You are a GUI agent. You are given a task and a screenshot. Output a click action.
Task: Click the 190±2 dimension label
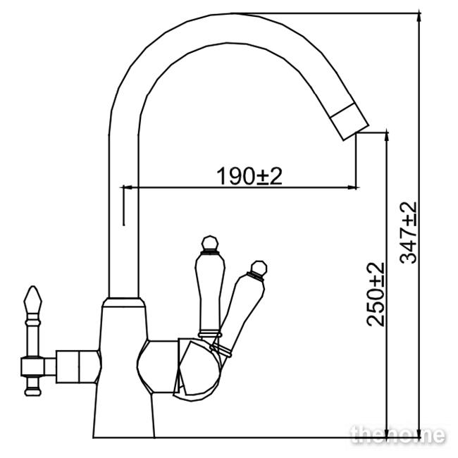pyautogui.click(x=249, y=176)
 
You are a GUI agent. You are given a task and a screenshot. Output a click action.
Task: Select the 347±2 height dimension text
pyautogui.click(x=408, y=233)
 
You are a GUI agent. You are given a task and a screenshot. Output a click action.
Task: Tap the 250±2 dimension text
pyautogui.click(x=376, y=294)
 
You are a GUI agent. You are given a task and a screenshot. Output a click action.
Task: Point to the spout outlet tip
pyautogui.click(x=356, y=133)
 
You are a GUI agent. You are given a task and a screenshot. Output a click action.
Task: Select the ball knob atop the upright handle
pyautogui.click(x=210, y=243)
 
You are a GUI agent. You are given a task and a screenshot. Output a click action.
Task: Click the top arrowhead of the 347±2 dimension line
pyautogui.click(x=419, y=17)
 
